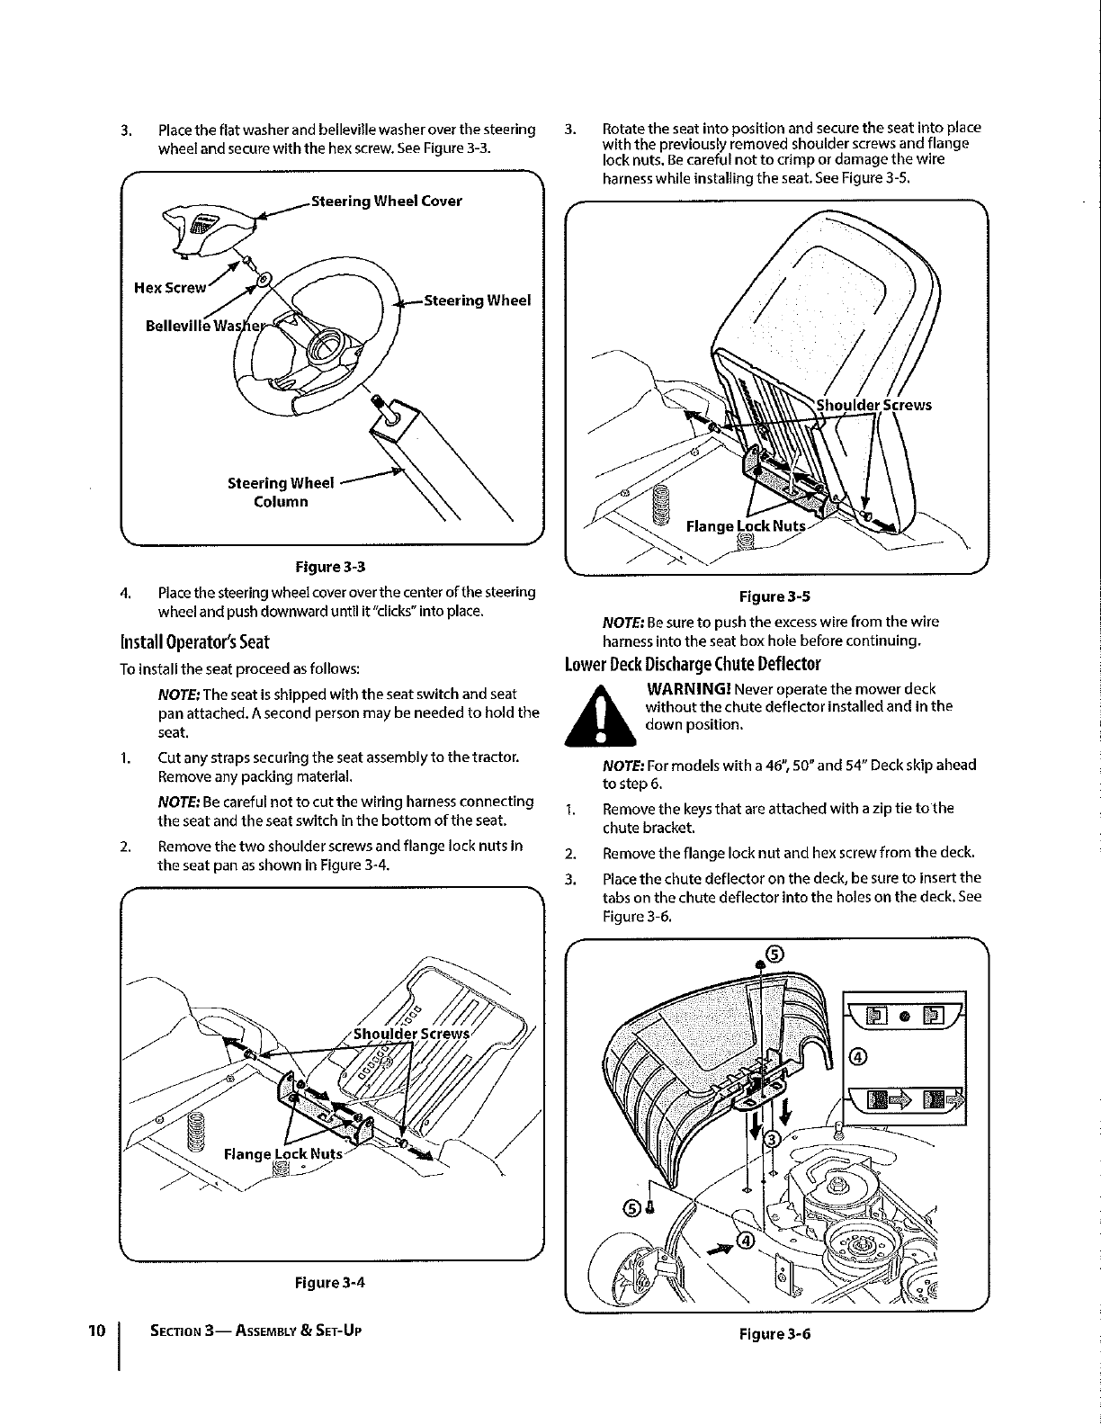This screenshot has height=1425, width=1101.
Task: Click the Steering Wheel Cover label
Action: (x=386, y=202)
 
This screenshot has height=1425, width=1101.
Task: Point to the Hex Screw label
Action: (x=170, y=288)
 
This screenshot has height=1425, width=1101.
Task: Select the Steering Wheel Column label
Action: (x=281, y=492)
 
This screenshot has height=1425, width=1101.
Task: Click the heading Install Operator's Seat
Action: (x=195, y=642)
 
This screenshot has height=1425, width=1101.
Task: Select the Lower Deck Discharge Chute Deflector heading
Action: (x=693, y=664)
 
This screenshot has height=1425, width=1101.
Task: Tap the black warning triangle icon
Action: (x=600, y=715)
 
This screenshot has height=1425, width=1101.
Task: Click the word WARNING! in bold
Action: (x=688, y=689)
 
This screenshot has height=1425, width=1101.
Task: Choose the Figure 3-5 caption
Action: (x=774, y=596)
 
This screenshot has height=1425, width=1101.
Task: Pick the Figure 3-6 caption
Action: (x=774, y=1334)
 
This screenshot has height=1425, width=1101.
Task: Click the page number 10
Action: (x=96, y=1331)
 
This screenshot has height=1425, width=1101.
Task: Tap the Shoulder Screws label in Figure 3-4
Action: (x=411, y=1035)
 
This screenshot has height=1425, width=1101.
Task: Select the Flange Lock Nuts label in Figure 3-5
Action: (x=746, y=526)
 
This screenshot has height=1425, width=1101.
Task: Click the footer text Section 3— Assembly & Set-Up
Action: (x=255, y=1331)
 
